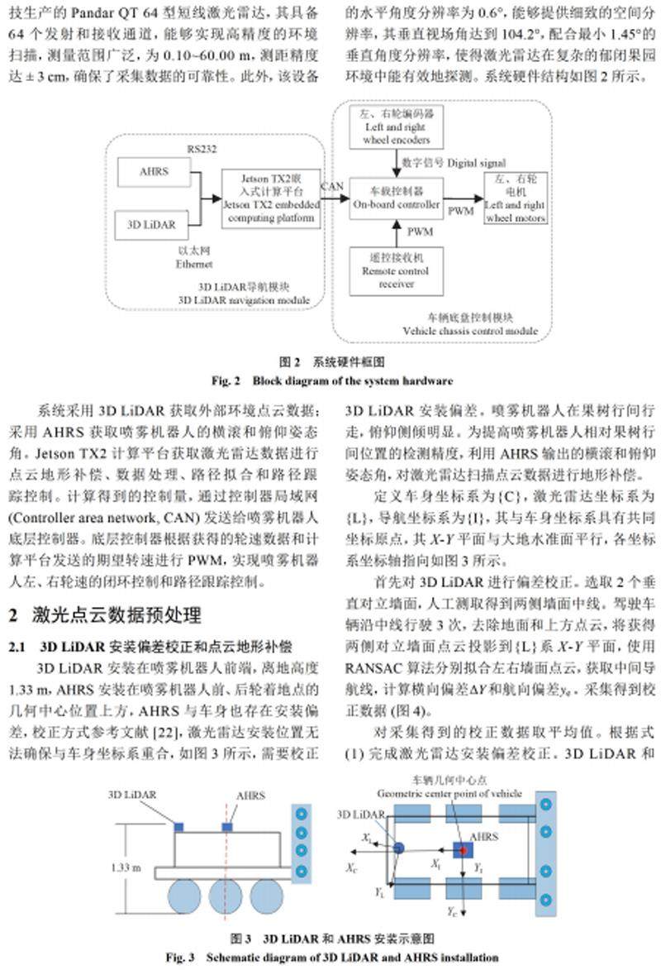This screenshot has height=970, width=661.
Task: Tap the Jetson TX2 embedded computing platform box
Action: pos(269,198)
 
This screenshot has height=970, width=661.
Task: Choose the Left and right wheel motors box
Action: pos(516,200)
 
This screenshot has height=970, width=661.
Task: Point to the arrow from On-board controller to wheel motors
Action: pos(467,199)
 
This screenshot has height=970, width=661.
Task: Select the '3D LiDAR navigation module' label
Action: pos(244,299)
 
